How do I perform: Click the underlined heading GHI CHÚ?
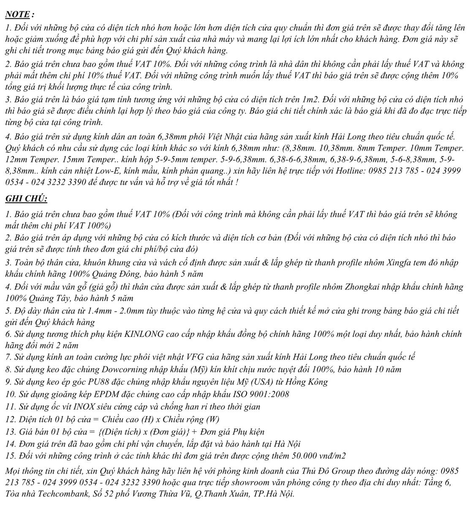[x=26, y=198]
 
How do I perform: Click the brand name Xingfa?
[x=400, y=262]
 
